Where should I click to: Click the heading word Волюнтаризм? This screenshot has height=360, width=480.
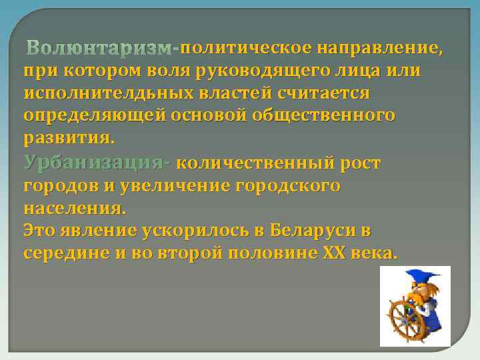click(99, 48)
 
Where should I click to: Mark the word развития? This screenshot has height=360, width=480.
click(69, 138)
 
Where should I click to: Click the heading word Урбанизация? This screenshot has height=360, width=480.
click(95, 162)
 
